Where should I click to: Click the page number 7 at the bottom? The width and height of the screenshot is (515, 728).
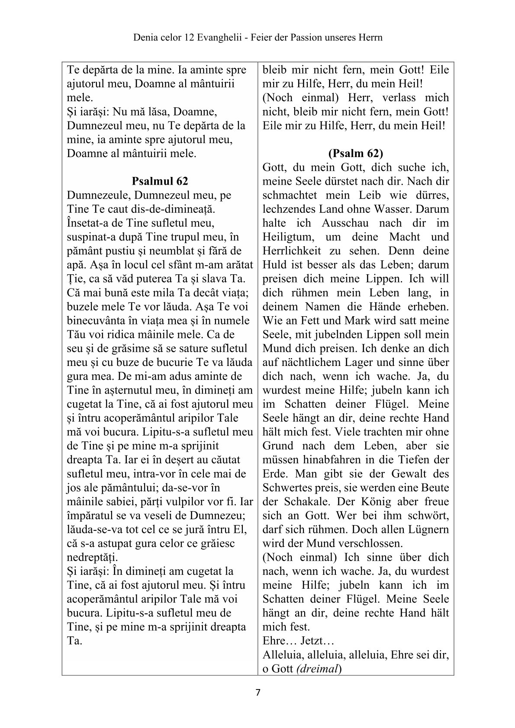(x=258, y=693)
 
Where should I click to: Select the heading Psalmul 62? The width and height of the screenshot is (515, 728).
(x=160, y=181)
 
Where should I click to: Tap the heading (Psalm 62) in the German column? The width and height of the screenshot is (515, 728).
(x=356, y=153)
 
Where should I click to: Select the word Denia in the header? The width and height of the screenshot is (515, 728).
(x=145, y=38)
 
